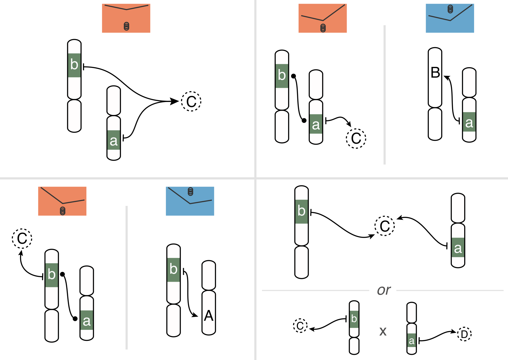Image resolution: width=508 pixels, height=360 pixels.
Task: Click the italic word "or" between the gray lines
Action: (384, 290)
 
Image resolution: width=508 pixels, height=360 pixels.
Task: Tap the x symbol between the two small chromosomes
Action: (383, 332)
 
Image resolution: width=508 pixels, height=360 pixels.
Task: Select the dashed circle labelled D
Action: (464, 334)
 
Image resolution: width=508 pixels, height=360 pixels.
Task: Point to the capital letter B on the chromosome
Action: (435, 73)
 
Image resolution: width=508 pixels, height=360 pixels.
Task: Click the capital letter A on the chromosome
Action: (209, 316)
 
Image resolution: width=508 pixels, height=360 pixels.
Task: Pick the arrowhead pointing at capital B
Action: (447, 78)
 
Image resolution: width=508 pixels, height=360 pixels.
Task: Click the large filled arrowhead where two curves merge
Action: (175, 101)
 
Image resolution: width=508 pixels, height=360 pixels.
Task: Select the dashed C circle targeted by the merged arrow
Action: (191, 101)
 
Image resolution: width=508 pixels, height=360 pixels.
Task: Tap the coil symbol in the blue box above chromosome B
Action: (450, 9)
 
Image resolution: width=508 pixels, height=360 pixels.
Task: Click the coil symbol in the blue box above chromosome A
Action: (191, 192)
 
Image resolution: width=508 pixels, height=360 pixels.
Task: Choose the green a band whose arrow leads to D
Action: (411, 340)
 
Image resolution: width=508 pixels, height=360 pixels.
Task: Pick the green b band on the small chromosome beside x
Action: (354, 319)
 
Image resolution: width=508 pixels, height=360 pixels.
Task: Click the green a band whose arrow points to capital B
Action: (469, 122)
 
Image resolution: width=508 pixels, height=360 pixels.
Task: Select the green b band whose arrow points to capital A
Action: (173, 270)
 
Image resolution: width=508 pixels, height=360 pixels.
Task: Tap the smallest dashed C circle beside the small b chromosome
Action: (300, 325)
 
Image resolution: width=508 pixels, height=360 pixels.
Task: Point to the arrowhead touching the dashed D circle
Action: (454, 332)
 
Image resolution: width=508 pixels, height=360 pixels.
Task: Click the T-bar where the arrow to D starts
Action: (419, 341)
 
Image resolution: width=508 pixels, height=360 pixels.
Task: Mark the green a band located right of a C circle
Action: (458, 247)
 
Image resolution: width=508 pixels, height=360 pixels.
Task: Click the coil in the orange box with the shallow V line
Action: (126, 26)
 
